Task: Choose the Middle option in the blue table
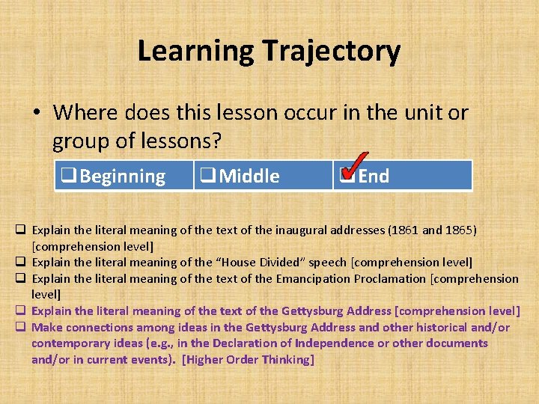click(249, 177)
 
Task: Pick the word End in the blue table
click(374, 177)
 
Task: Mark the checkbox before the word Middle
click(207, 177)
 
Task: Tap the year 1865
click(457, 230)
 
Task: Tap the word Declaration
click(254, 343)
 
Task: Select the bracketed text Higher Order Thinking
click(249, 360)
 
